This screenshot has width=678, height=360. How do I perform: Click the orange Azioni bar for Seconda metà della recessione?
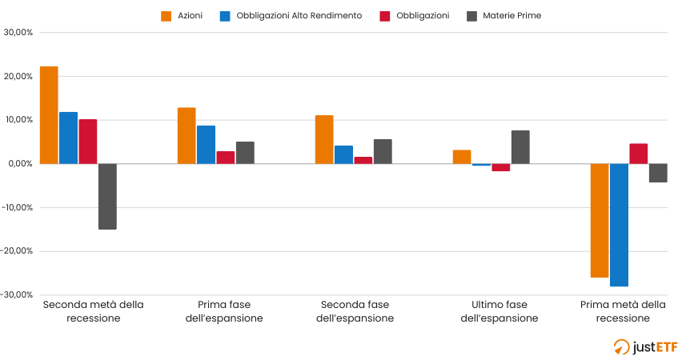(x=49, y=115)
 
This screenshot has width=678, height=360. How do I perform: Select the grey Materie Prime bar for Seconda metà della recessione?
(x=107, y=196)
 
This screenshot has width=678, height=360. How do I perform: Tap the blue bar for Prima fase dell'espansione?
(x=206, y=145)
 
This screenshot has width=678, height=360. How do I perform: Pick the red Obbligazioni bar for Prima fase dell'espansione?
(x=226, y=158)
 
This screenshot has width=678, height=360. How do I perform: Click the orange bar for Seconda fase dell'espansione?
(x=324, y=139)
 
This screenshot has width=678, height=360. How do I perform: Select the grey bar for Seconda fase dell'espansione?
(x=383, y=152)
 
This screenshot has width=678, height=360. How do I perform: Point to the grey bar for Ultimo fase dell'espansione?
(x=520, y=147)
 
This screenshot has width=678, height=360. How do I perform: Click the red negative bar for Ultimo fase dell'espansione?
(x=501, y=167)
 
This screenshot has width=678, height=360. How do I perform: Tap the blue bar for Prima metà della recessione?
(x=619, y=225)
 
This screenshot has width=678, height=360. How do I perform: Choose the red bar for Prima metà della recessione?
(x=638, y=154)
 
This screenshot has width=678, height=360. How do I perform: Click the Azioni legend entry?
(x=183, y=15)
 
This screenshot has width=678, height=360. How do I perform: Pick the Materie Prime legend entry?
(x=504, y=15)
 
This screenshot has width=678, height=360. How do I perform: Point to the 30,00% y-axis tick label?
(x=18, y=33)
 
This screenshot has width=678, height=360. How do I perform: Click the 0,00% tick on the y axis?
(x=21, y=164)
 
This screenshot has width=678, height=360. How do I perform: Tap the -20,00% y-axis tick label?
(x=18, y=251)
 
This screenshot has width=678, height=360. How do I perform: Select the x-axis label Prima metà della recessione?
(x=623, y=311)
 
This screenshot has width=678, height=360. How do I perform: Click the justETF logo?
(x=645, y=346)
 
